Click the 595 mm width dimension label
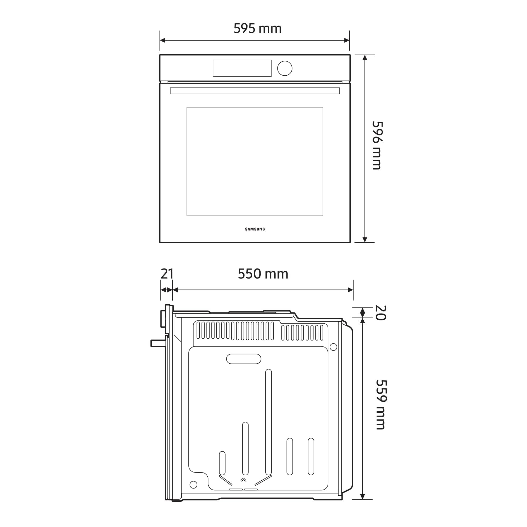tap(257, 28)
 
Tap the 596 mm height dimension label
tap(378, 145)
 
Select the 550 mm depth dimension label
tap(263, 274)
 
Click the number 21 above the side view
tap(167, 274)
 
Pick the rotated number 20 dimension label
tap(381, 313)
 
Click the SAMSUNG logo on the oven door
tap(255, 229)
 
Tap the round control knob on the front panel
tap(285, 68)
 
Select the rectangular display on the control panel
tap(242, 68)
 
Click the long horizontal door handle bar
tap(255, 91)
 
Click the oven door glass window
tap(255, 162)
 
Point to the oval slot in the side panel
tap(243, 359)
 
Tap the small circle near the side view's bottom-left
tap(193, 485)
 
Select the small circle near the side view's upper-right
tap(333, 347)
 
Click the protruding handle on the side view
tap(158, 343)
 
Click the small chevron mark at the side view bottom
tap(243, 480)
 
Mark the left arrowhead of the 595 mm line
tap(162, 40)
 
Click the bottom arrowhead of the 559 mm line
tap(363, 497)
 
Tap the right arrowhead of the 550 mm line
tap(350, 290)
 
